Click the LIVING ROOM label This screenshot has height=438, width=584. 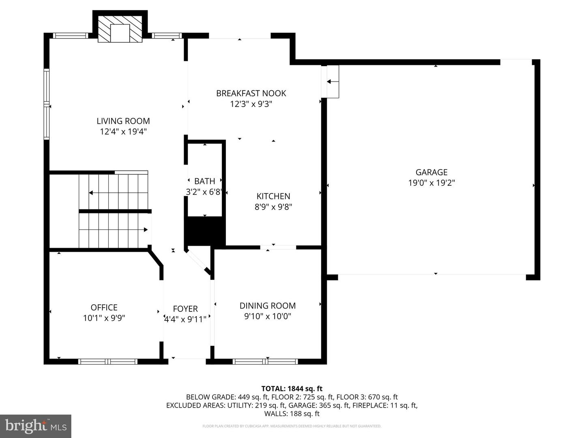click(x=123, y=121)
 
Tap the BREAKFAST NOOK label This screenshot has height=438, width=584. click(x=251, y=93)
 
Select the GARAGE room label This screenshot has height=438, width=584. click(x=432, y=172)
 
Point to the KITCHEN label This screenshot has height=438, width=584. click(x=273, y=196)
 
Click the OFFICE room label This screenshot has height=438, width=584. click(x=104, y=307)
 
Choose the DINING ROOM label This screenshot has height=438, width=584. click(x=268, y=306)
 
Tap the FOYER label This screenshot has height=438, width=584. click(x=185, y=309)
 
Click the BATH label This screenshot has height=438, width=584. click(x=204, y=181)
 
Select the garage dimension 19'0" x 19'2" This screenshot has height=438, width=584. click(x=432, y=183)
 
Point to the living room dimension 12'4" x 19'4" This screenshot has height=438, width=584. click(x=123, y=132)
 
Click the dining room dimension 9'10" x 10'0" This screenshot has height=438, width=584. click(x=268, y=316)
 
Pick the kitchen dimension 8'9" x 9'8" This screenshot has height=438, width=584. click(x=273, y=207)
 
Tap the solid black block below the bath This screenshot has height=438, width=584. click(x=205, y=230)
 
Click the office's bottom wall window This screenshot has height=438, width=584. click(x=108, y=361)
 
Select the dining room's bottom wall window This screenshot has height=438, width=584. click(x=265, y=361)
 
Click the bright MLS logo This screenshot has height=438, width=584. click(x=36, y=426)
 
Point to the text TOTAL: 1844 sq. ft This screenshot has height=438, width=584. click(x=292, y=389)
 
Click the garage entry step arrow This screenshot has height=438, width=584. click(x=333, y=82)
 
